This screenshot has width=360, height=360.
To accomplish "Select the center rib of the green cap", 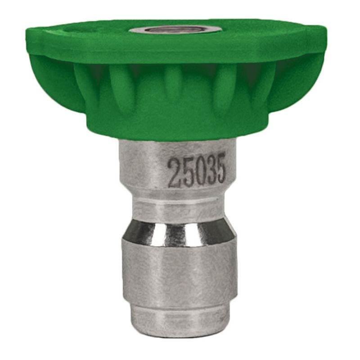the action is [x=172, y=87].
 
